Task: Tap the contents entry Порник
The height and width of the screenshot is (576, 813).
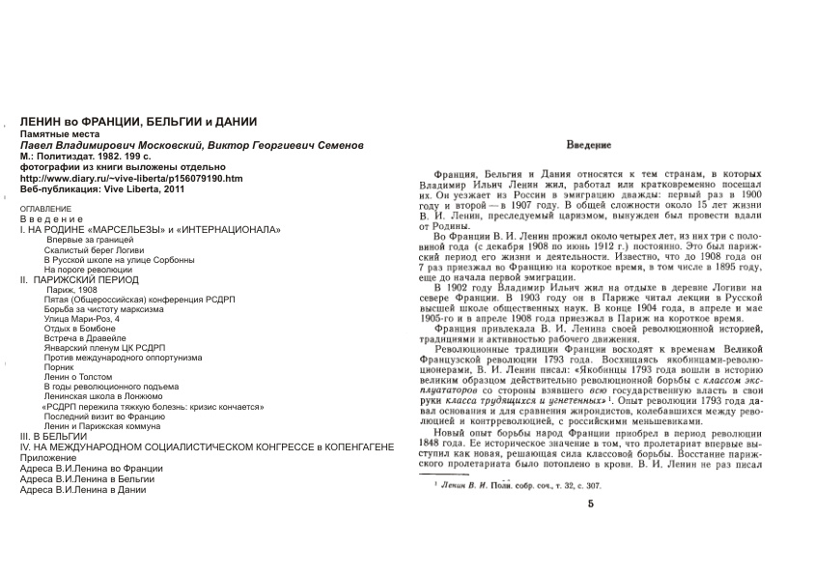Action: tap(61, 368)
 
